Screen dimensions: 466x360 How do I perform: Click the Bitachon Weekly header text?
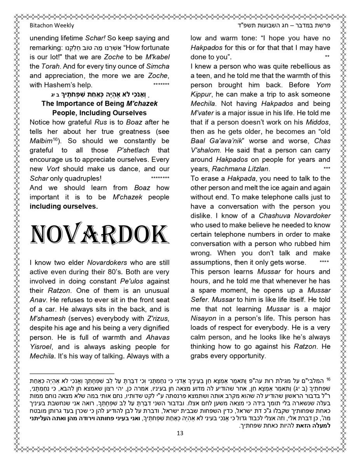pyautogui.click(x=52, y=26)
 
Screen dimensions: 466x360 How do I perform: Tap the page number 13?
pyautogui.click(x=180, y=433)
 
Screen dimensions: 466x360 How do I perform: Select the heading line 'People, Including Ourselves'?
pyautogui.click(x=99, y=113)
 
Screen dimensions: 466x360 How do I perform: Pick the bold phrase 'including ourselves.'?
pyautogui.click(x=64, y=207)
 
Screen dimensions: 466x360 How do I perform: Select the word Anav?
pyautogui.click(x=38, y=300)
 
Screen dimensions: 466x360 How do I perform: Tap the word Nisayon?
pyautogui.click(x=203, y=318)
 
